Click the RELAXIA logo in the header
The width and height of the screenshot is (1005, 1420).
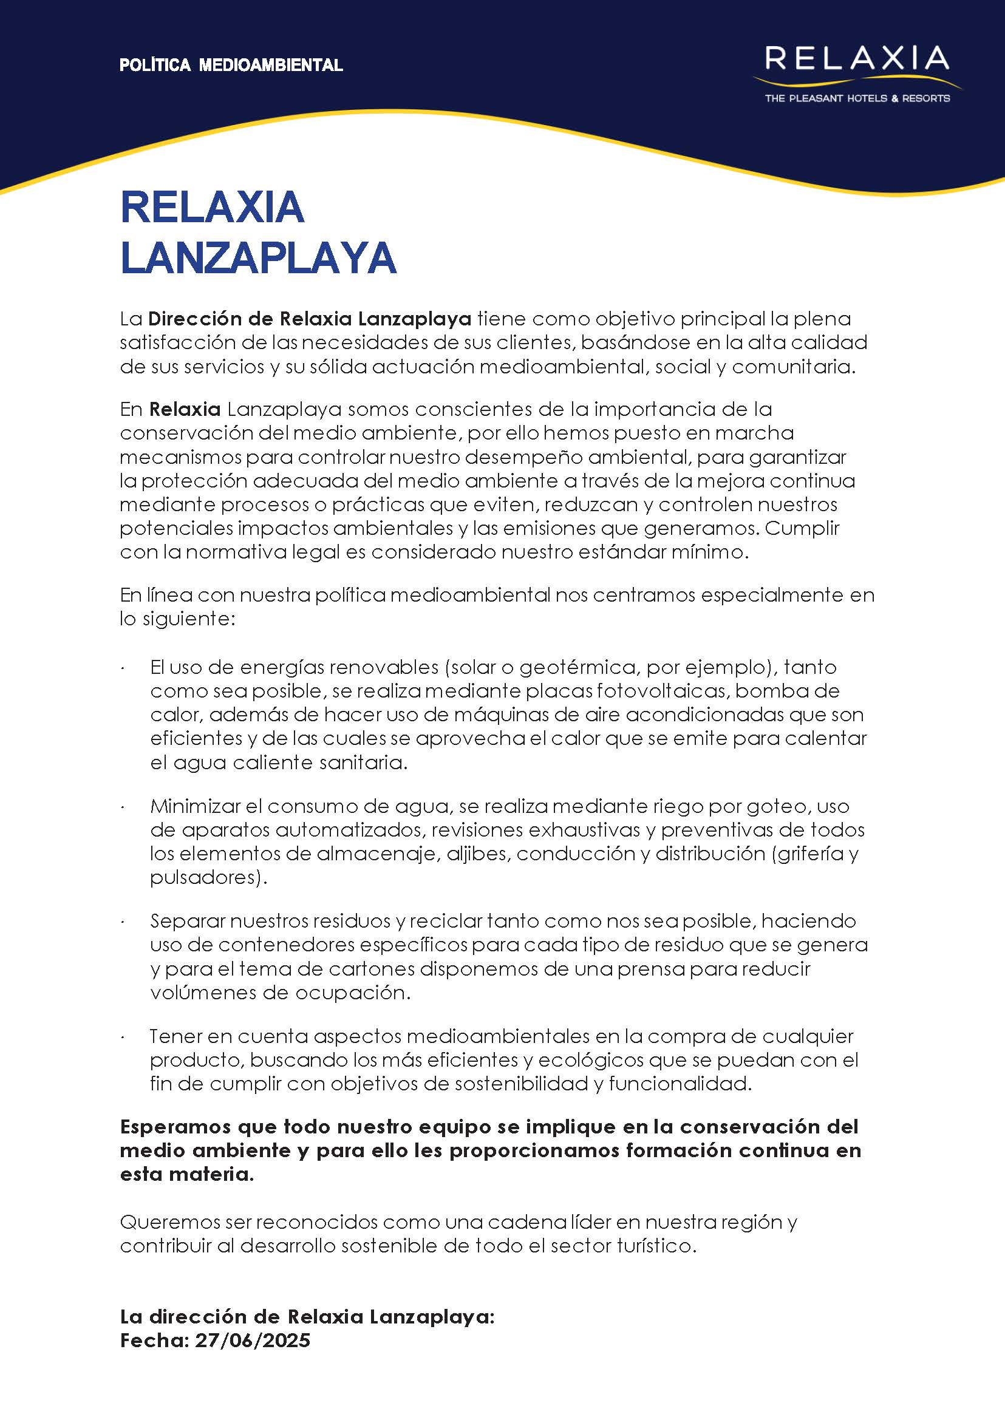tap(856, 59)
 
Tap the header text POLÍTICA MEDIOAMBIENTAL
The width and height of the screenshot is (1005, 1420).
tap(231, 66)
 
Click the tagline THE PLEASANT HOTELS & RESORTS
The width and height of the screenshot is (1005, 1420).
tap(857, 98)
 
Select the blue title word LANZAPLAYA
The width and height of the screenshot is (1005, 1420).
tap(258, 257)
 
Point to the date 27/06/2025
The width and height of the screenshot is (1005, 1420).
tap(253, 1340)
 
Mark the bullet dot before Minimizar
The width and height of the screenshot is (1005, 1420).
tap(124, 807)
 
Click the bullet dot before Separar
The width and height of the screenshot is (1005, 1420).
tap(124, 922)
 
